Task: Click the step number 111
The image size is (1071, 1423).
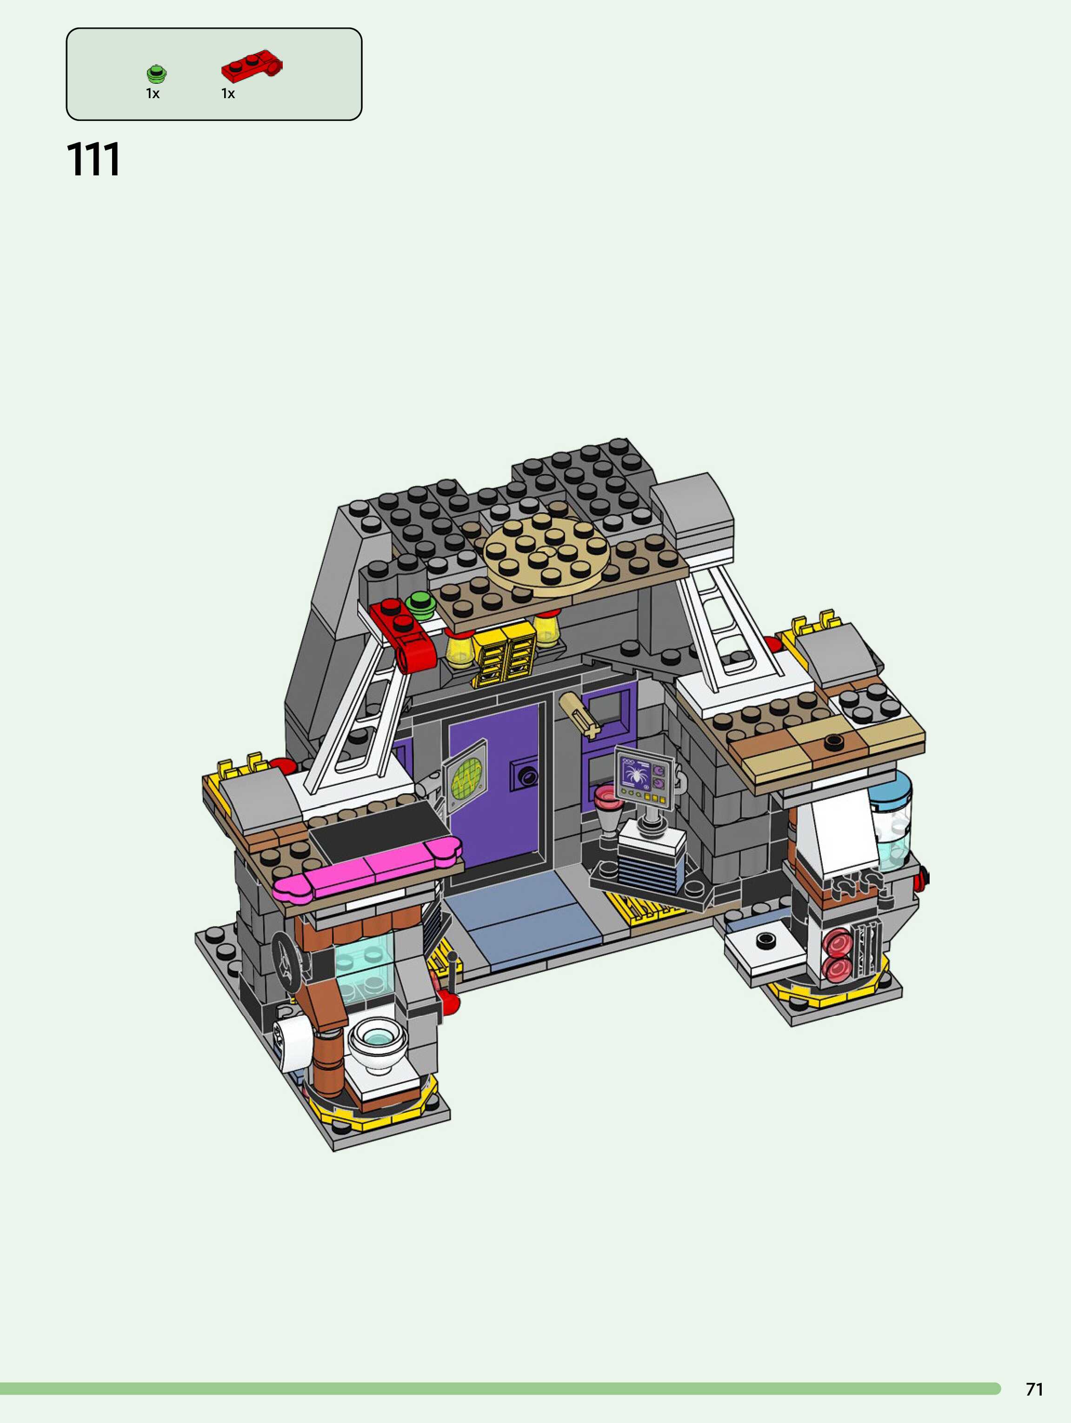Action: point(93,160)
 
